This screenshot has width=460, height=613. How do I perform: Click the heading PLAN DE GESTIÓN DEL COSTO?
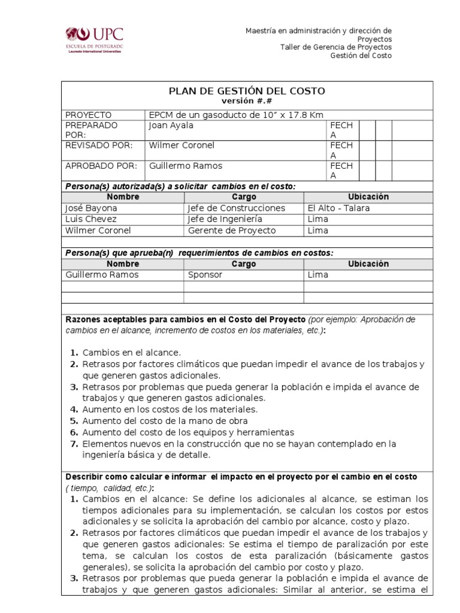(x=247, y=91)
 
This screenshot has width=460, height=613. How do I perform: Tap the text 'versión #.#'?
(x=247, y=101)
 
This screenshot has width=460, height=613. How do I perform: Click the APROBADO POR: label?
(x=101, y=166)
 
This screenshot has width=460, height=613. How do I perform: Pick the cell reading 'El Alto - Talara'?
(x=338, y=208)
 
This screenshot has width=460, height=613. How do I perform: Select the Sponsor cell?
(x=205, y=275)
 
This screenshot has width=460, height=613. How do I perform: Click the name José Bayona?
(x=91, y=208)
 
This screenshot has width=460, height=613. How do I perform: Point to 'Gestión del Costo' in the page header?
(x=361, y=56)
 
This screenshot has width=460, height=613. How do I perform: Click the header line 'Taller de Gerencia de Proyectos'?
(x=336, y=47)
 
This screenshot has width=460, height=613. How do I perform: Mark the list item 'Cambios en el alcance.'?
(x=131, y=353)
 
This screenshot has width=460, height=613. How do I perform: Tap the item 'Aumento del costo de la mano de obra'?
(x=156, y=421)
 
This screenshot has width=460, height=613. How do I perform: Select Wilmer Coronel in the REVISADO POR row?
(x=181, y=145)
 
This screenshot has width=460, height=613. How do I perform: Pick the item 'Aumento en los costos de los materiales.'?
(x=170, y=409)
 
